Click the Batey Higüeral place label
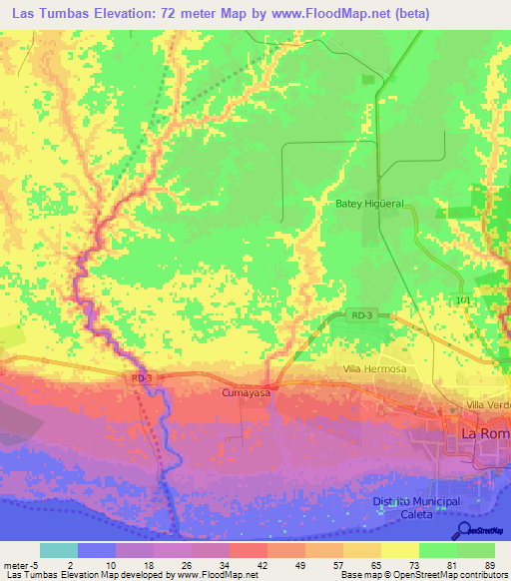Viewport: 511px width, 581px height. point(369,204)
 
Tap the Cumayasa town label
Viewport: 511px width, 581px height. point(247,393)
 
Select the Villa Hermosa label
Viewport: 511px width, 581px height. point(374,369)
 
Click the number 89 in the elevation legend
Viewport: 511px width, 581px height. point(489,564)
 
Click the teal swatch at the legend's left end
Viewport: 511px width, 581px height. point(58,550)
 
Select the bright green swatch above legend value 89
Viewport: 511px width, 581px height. point(476,550)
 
